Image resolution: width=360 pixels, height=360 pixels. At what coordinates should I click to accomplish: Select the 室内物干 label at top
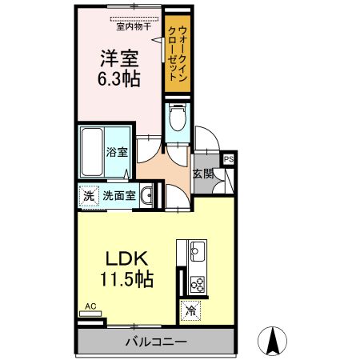pyautogui.click(x=133, y=26)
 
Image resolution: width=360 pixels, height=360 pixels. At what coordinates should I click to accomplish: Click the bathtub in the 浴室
pyautogui.click(x=92, y=153)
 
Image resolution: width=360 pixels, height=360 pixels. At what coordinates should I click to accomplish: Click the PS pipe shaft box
pyautogui.click(x=229, y=158)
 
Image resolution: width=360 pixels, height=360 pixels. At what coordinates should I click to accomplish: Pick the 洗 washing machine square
pyautogui.click(x=86, y=194)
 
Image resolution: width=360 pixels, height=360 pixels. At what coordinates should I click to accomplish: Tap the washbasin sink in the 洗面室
pyautogui.click(x=146, y=194)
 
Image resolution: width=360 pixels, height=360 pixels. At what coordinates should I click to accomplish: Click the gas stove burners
pyautogui.click(x=196, y=282)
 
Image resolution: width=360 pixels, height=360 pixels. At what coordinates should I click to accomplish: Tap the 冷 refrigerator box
pyautogui.click(x=192, y=310)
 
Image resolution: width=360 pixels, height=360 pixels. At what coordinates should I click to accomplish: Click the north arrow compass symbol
pyautogui.click(x=274, y=341)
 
